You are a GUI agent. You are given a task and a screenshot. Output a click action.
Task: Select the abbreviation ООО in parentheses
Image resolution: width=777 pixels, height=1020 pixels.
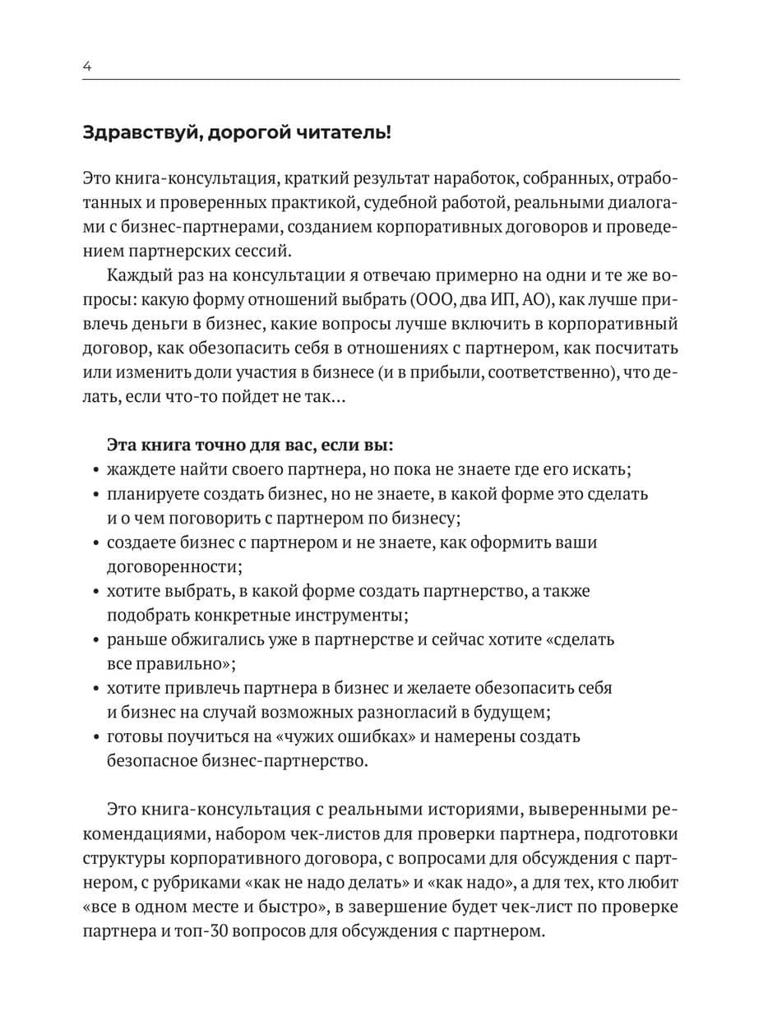(x=443, y=300)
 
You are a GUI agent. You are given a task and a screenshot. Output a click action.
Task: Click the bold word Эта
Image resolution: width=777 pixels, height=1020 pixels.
(x=123, y=445)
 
